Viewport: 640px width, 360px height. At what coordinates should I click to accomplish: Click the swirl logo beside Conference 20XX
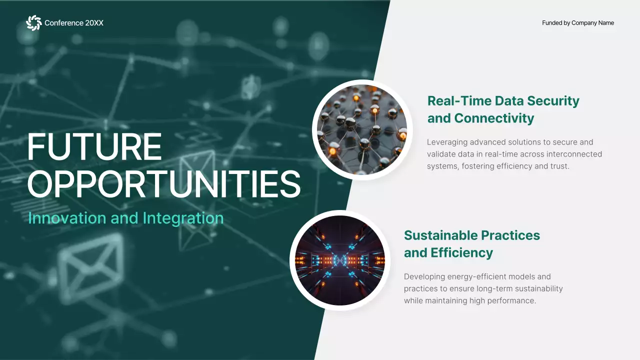pyautogui.click(x=33, y=23)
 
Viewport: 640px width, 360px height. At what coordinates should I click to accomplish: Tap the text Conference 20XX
pyautogui.click(x=74, y=23)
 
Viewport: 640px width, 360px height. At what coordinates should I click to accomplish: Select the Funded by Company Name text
pyautogui.click(x=577, y=23)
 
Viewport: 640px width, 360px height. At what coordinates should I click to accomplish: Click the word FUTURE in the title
pyautogui.click(x=94, y=147)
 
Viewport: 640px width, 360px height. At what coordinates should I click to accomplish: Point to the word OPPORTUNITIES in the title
pyautogui.click(x=163, y=184)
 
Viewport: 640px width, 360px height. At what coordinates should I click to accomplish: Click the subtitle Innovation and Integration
pyautogui.click(x=125, y=218)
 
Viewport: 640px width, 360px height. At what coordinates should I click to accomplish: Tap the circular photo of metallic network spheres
pyautogui.click(x=362, y=130)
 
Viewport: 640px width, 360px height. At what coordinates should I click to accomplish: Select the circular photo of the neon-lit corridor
pyautogui.click(x=340, y=260)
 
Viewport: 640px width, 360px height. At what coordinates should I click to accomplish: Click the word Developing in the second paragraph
pyautogui.click(x=424, y=276)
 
